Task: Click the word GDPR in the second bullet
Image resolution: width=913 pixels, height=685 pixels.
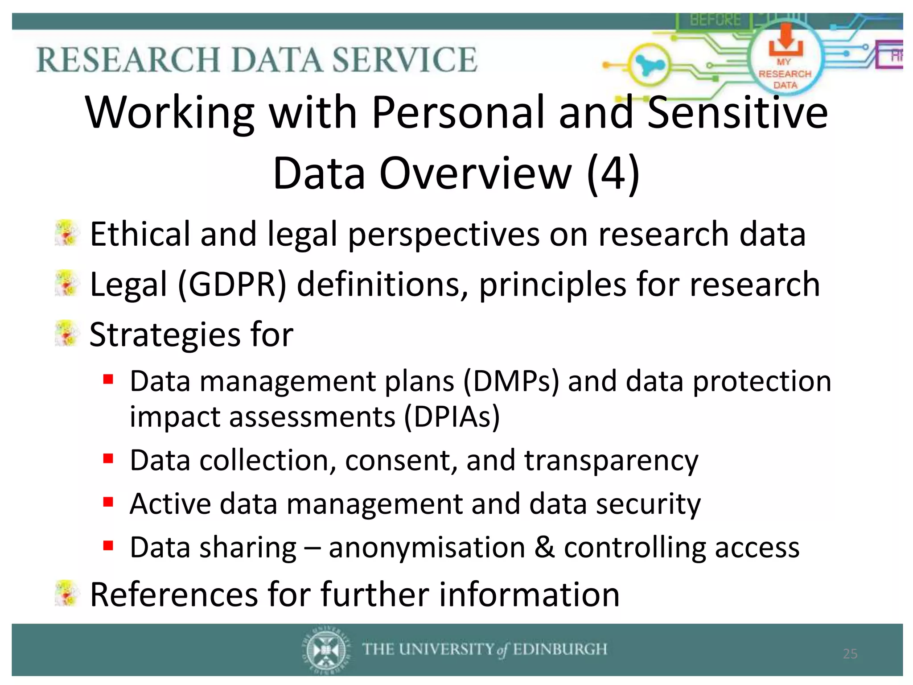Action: pos(232,285)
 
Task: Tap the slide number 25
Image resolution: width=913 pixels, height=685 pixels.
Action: pos(850,654)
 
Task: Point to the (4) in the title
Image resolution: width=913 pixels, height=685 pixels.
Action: pos(613,173)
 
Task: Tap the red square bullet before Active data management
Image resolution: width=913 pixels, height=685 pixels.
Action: pos(108,502)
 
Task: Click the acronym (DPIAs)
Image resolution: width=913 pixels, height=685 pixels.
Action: pos(452,417)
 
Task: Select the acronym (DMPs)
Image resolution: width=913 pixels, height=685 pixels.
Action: pos(511,382)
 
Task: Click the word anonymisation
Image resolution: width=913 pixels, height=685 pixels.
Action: pos(427,547)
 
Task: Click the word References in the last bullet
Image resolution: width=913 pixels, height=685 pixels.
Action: pos(174,594)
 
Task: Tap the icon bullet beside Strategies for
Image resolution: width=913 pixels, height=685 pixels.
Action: pos(67,333)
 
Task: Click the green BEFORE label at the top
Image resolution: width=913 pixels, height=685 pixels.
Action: pos(715,20)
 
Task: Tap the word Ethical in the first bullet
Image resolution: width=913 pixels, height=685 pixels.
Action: pos(140,234)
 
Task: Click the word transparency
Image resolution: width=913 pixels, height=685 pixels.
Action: pos(611,461)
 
